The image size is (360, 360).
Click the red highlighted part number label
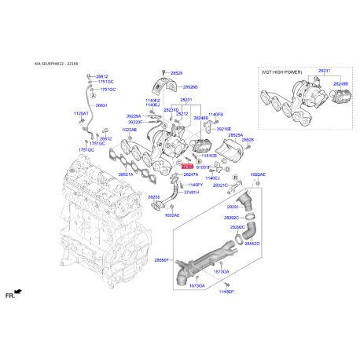187,167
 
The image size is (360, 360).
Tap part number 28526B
190,87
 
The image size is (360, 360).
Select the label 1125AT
82,114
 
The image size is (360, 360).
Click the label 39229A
135,116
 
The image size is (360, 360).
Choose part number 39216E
224,128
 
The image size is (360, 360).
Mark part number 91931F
204,167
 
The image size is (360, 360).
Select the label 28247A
190,174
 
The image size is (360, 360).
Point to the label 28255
154,197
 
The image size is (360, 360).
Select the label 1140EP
227,291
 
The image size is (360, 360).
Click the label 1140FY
195,184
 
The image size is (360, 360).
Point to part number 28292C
231,218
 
